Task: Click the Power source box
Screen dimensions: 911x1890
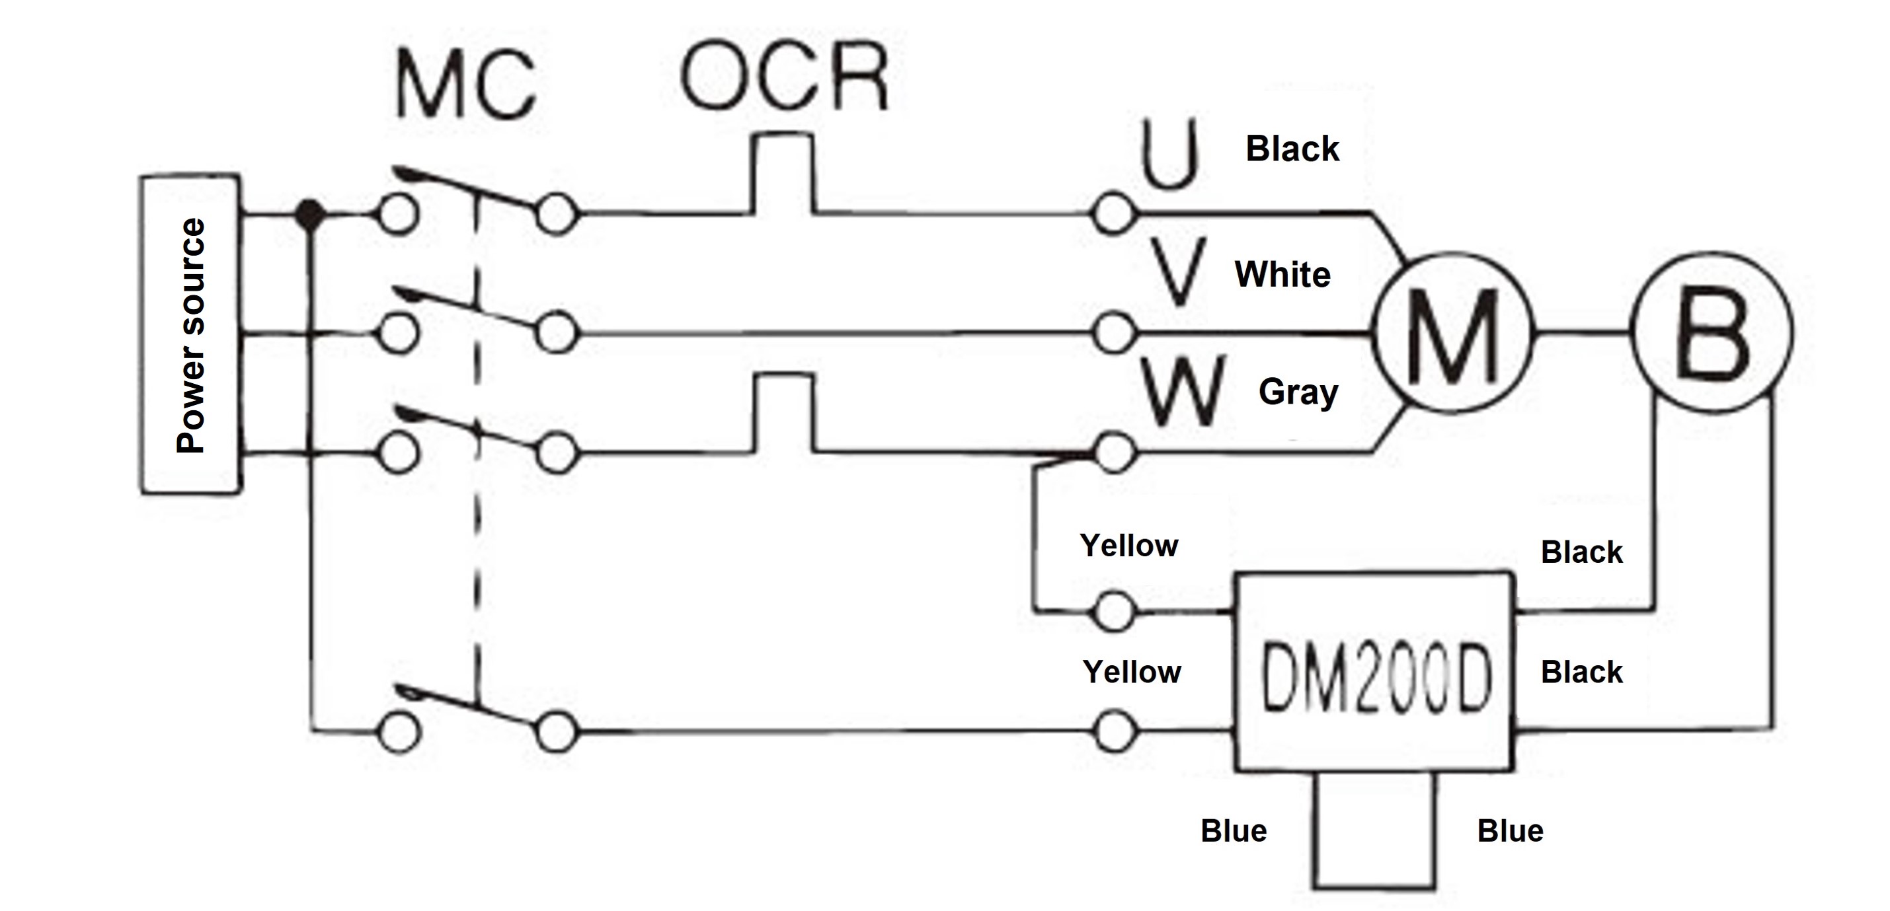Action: coord(190,334)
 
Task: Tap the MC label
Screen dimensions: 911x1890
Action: coord(467,85)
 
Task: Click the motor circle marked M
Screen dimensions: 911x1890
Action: coord(1453,332)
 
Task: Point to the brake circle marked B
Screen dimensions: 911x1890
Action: coord(1712,332)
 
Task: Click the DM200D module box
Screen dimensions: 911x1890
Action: coord(1374,671)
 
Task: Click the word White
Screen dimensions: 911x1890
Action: coord(1282,274)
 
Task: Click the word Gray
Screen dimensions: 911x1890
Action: coord(1298,392)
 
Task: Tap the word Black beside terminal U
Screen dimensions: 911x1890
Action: coord(1292,149)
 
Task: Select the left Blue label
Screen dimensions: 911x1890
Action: coord(1234,830)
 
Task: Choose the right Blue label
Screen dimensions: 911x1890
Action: coord(1510,830)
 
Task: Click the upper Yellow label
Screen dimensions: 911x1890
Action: coord(1128,546)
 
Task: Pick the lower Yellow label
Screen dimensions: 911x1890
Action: coord(1131,672)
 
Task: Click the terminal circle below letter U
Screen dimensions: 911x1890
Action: coord(1113,214)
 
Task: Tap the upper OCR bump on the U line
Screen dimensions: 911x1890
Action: coord(783,173)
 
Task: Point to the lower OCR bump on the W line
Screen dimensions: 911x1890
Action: coord(783,412)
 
